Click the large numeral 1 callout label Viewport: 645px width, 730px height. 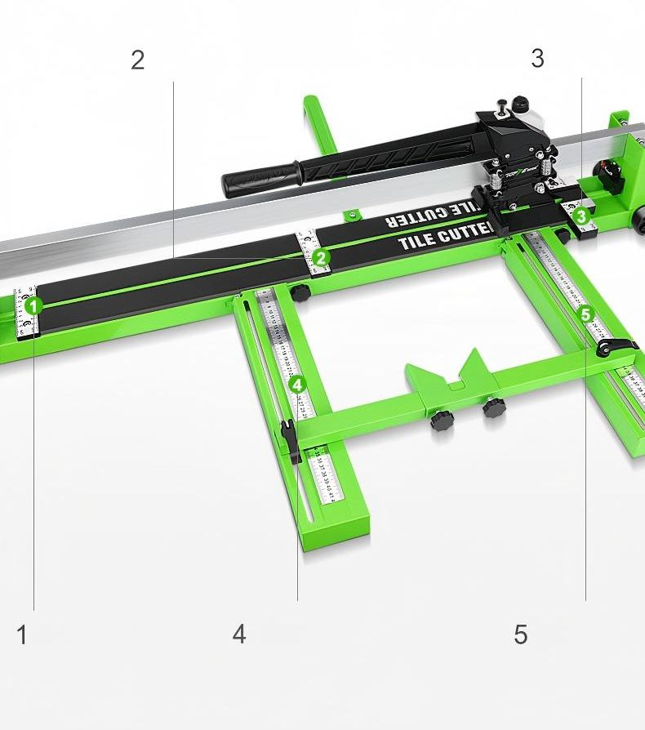pos(22,634)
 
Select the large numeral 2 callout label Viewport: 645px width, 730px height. pos(137,60)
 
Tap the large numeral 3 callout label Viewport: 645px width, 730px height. pos(536,58)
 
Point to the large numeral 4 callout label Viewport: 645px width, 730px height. pos(238,634)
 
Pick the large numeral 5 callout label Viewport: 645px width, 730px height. pos(521,634)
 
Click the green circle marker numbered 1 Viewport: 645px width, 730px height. pos(33,306)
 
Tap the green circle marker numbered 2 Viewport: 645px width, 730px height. pos(321,259)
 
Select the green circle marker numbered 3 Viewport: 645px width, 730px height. pos(580,216)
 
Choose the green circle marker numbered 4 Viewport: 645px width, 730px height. pos(296,384)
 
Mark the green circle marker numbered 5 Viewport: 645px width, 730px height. pos(585,314)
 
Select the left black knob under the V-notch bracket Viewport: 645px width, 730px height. pos(442,421)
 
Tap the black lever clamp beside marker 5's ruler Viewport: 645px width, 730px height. pos(613,348)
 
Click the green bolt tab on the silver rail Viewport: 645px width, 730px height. pos(353,216)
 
